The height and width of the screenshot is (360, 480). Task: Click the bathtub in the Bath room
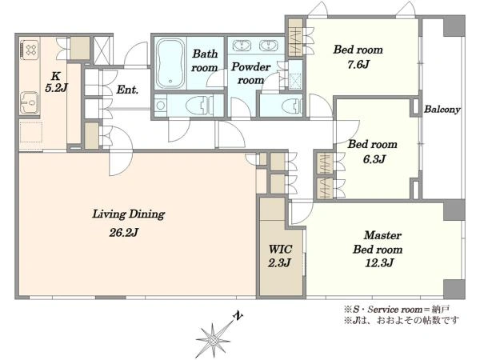click(170, 63)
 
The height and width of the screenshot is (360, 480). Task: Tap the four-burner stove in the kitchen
click(30, 50)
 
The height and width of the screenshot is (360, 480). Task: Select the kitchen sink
click(30, 102)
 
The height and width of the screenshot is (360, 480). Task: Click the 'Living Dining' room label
click(129, 214)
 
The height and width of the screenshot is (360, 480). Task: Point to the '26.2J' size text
click(124, 233)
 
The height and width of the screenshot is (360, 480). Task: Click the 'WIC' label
click(280, 249)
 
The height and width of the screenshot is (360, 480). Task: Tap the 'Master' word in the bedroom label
click(382, 235)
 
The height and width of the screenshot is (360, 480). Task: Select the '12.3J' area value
click(379, 262)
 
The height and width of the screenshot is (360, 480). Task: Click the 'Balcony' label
click(442, 110)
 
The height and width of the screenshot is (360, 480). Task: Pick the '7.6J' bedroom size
click(358, 65)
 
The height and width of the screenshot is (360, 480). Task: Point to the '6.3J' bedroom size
click(374, 159)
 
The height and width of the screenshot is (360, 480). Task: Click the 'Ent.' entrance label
click(127, 90)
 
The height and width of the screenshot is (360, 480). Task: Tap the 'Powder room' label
click(250, 74)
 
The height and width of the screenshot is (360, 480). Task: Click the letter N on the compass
click(238, 316)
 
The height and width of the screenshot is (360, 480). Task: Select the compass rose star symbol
click(213, 340)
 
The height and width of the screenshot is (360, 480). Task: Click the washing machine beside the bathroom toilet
click(160, 106)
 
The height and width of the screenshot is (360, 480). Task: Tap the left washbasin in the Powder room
click(242, 46)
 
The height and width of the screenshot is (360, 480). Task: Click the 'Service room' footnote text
click(394, 310)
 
